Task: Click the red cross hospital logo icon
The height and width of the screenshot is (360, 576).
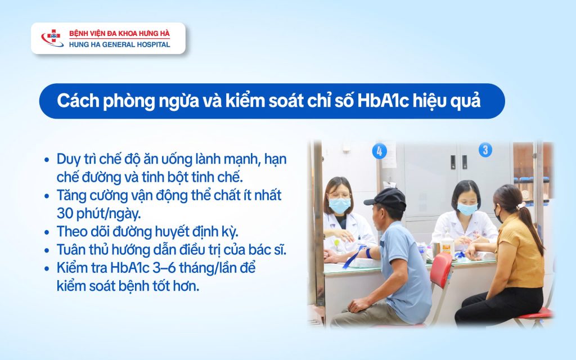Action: pos(52,38)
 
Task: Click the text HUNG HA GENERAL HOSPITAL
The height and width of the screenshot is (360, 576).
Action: pos(120,44)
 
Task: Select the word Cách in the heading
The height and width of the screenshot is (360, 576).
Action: pos(78,101)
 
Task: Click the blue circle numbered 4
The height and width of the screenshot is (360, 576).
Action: pos(380,151)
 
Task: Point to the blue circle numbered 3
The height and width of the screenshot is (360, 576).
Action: pos(485,150)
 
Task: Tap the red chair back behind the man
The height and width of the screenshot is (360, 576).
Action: pos(441,270)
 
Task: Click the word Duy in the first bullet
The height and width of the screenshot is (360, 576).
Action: pos(68,159)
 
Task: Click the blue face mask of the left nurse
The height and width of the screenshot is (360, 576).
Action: pos(339,205)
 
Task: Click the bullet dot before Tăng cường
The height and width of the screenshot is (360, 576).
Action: pos(47,196)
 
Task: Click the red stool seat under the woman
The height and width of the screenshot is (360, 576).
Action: pos(535,313)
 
